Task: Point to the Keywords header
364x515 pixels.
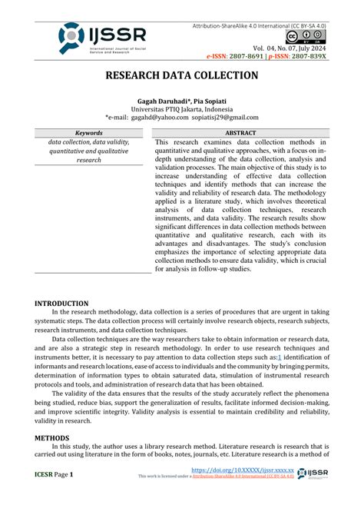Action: click(x=88, y=133)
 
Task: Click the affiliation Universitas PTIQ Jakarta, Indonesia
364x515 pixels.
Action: click(x=181, y=109)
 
